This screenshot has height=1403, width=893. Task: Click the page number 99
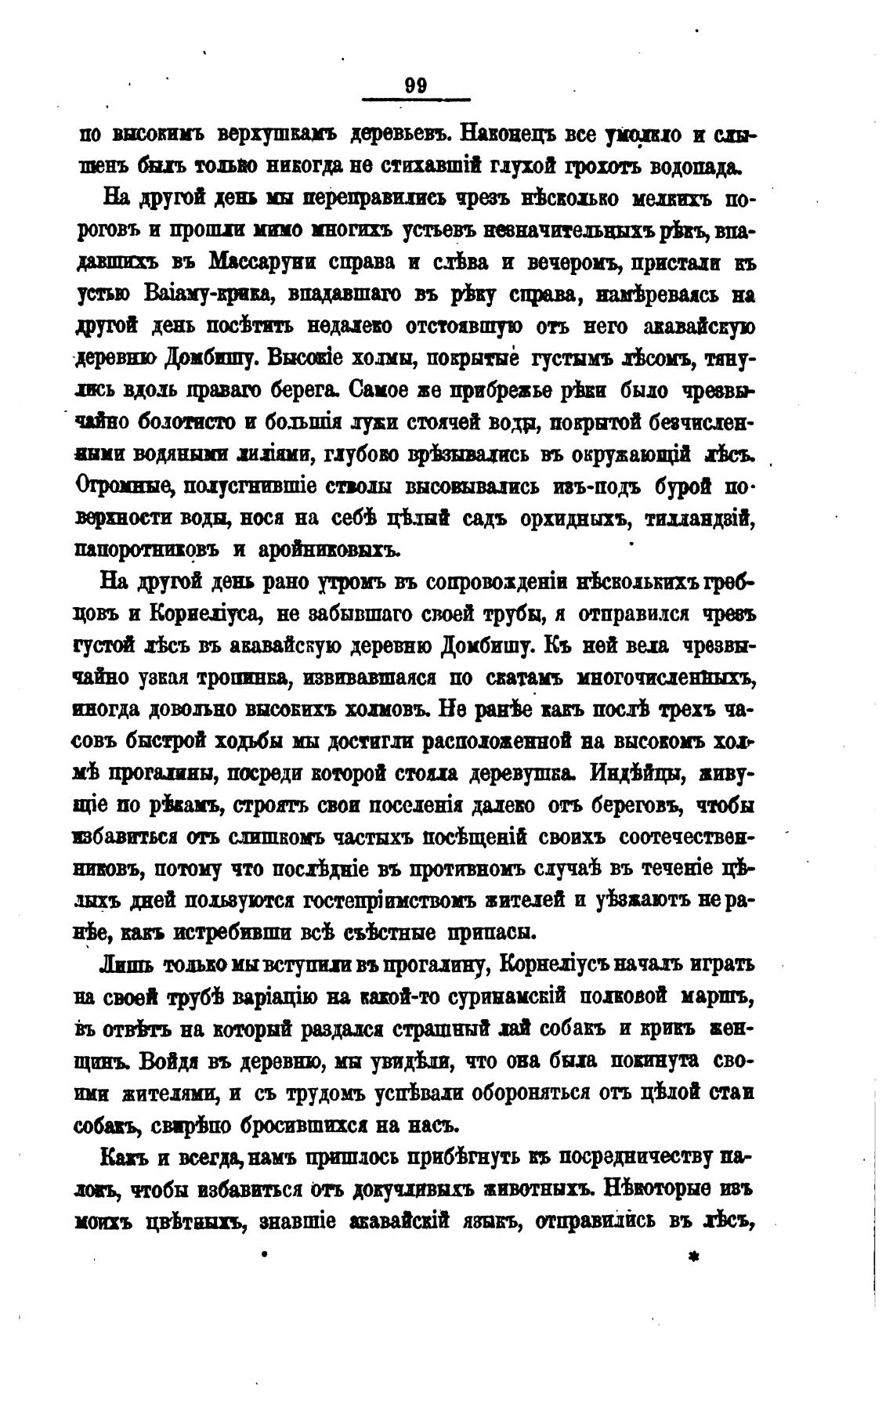416,85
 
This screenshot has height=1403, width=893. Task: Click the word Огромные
122,486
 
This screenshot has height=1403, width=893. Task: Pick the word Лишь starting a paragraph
128,964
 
